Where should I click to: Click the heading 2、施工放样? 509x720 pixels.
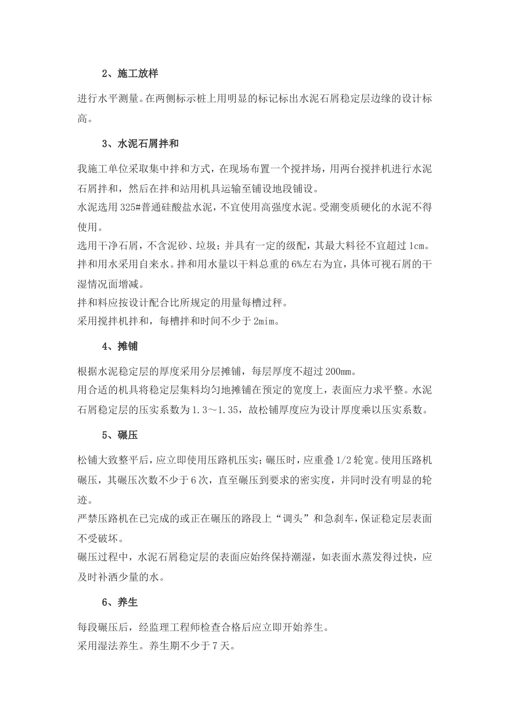coord(130,73)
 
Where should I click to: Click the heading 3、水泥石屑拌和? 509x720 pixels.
coord(140,144)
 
